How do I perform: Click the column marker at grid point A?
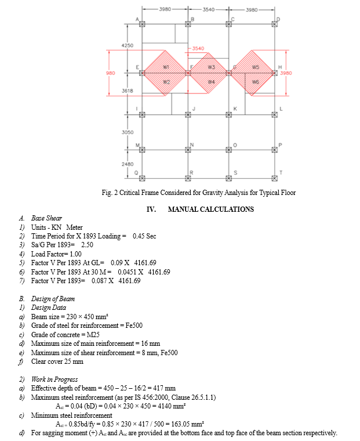[142, 24]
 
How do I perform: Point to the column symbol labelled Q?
[142, 177]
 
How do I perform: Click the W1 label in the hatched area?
[166, 67]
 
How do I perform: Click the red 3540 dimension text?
[198, 48]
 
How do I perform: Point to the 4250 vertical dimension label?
[128, 45]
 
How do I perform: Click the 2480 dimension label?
[128, 164]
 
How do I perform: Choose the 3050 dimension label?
[128, 132]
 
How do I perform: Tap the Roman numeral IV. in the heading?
[152, 209]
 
